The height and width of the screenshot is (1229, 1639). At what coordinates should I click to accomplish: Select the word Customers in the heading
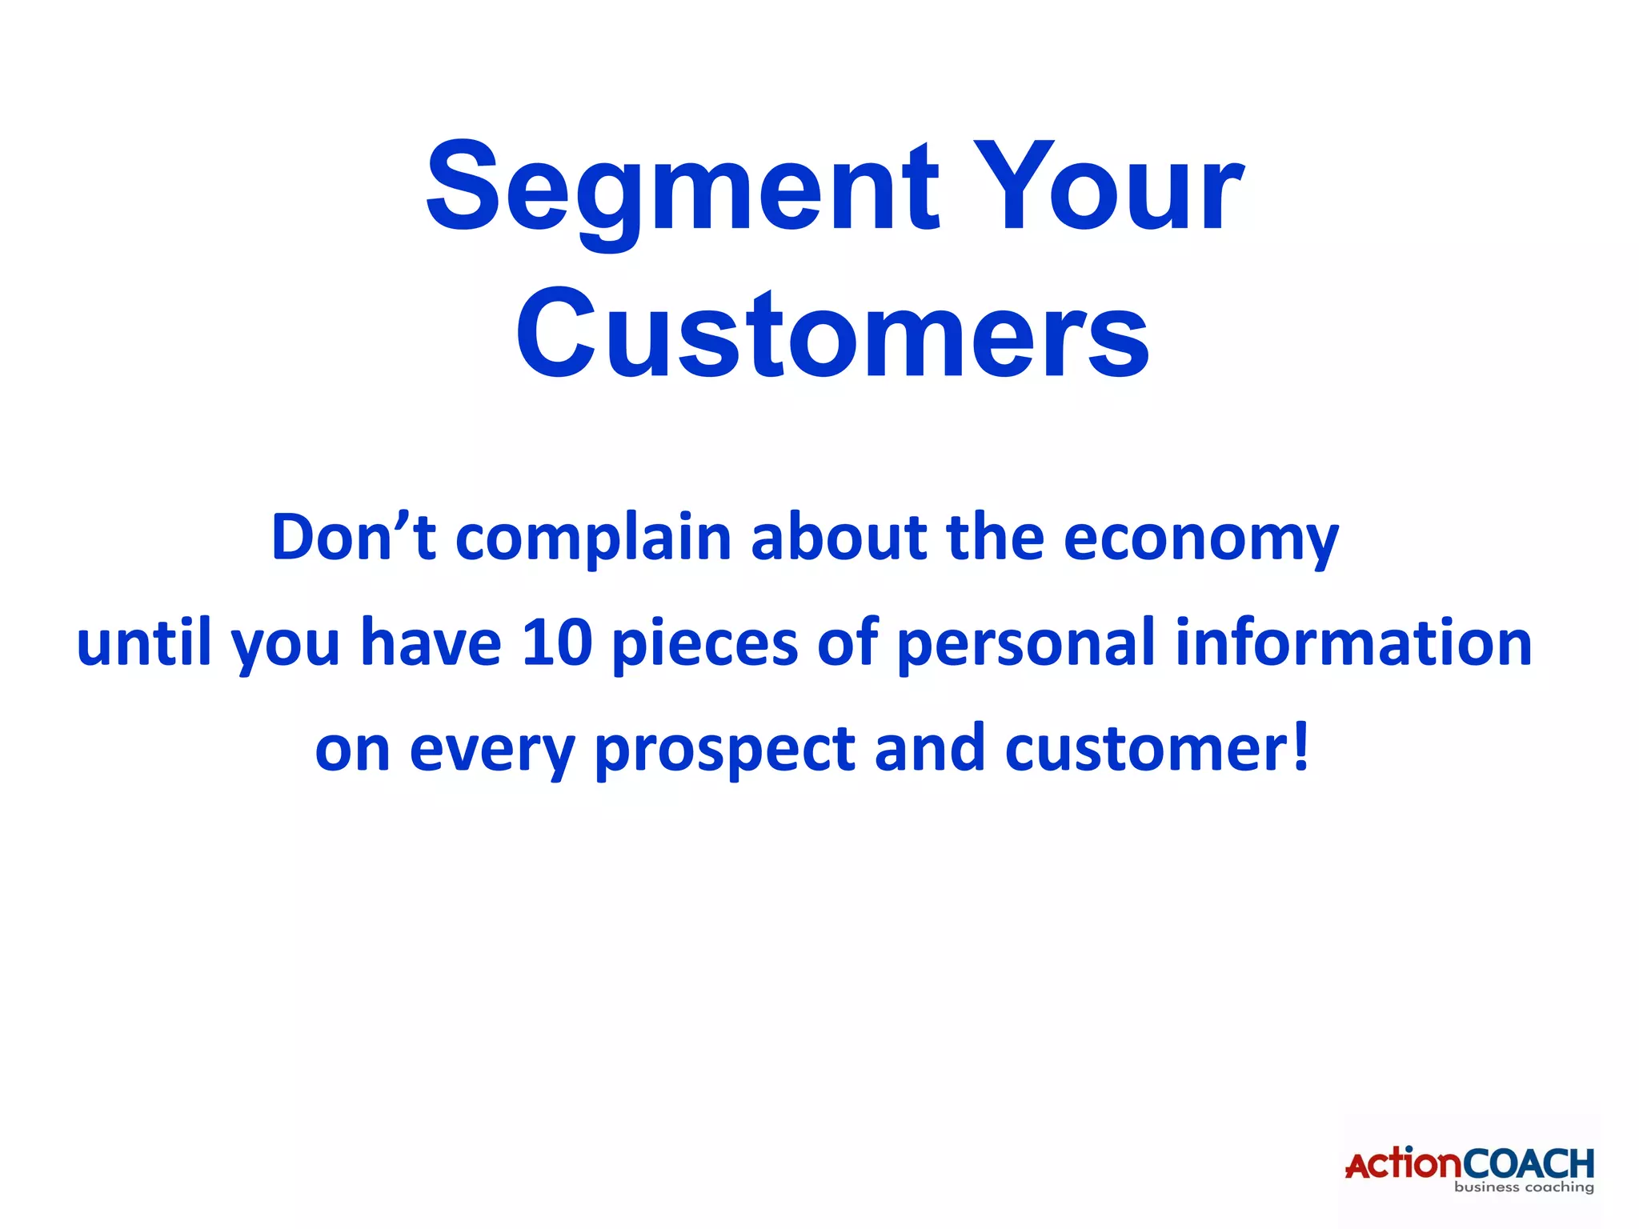[832, 334]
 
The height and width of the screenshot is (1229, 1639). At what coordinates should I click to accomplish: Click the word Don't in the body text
[353, 537]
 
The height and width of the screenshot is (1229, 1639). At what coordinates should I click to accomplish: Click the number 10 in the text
[556, 643]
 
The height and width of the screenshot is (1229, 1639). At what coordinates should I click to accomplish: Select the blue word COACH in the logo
[1528, 1163]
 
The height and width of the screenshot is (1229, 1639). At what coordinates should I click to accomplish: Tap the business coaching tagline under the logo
[1523, 1187]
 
